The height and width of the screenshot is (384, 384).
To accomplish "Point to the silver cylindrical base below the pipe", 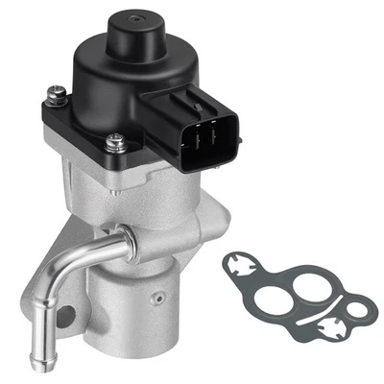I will (144, 307).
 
